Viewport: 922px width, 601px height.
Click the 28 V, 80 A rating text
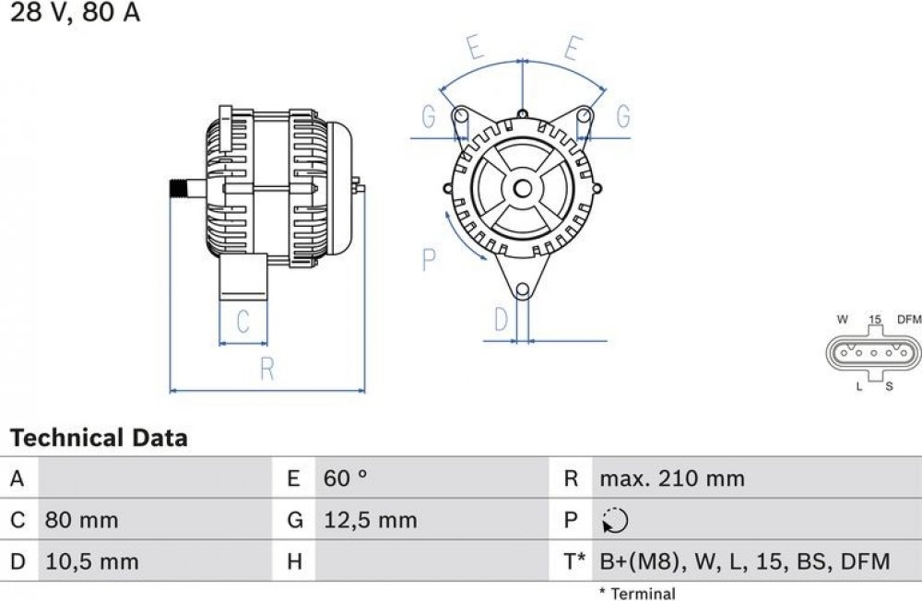(x=76, y=12)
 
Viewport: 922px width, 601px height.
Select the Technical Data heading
(x=99, y=438)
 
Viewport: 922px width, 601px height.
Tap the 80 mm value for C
(x=82, y=521)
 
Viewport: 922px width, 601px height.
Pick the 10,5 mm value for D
(x=92, y=561)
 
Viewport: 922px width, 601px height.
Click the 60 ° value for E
(x=345, y=478)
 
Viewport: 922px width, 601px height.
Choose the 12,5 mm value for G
(x=371, y=521)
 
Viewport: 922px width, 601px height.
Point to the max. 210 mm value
(x=672, y=478)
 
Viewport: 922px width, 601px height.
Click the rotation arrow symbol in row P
(x=615, y=521)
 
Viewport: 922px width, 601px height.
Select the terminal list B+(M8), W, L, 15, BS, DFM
(x=745, y=561)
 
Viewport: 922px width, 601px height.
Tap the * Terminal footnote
(x=637, y=594)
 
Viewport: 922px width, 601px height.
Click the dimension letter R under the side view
(x=267, y=369)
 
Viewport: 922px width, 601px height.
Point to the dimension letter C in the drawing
(x=242, y=321)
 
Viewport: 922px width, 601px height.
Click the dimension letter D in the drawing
(x=501, y=319)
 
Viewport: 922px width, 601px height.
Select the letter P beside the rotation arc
(x=430, y=259)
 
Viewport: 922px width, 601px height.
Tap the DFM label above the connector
(x=909, y=319)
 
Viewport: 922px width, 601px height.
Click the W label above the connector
(x=843, y=319)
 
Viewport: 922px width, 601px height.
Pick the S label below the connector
(x=889, y=386)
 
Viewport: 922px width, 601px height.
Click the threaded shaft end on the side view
(x=178, y=189)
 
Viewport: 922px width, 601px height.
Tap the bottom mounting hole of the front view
(x=522, y=290)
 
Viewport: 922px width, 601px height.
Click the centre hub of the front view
(x=522, y=188)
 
